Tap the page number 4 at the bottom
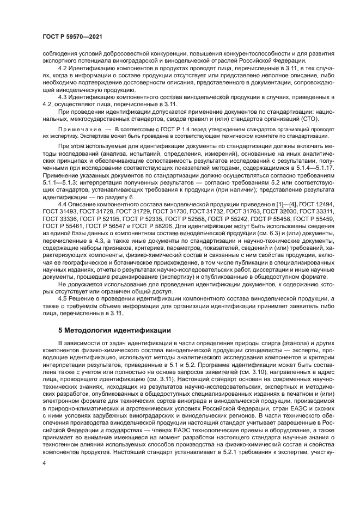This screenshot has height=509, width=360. pyautogui.click(x=45, y=462)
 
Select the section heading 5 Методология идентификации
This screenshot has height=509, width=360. pyautogui.click(x=114, y=330)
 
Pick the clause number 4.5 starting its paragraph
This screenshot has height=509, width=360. pyautogui.click(x=63, y=300)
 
